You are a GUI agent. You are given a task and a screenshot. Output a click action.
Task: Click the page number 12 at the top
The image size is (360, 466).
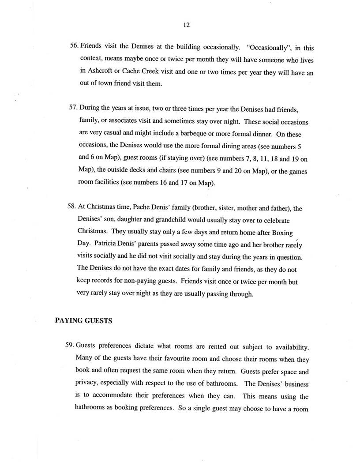coord(186,25)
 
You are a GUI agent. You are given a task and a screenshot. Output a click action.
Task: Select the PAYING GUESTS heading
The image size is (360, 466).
coord(83,321)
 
